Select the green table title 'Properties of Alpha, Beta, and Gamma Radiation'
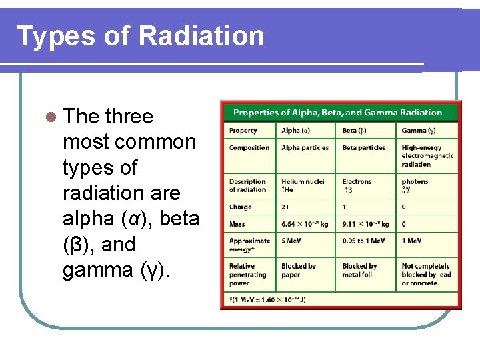[x=337, y=112]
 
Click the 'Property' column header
[x=243, y=131]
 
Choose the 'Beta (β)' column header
[x=354, y=131]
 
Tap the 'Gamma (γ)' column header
[x=419, y=131]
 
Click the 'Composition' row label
[x=249, y=148]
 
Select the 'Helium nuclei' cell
[x=303, y=181]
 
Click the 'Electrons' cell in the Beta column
[x=357, y=181]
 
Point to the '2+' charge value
[x=285, y=207]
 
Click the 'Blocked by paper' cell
[x=298, y=270]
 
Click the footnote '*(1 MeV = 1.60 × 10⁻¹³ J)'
[x=267, y=299]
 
